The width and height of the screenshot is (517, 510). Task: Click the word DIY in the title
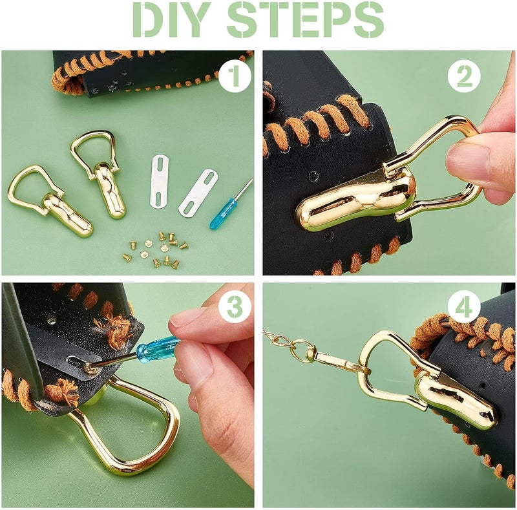tap(171, 19)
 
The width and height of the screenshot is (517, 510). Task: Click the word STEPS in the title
tap(306, 19)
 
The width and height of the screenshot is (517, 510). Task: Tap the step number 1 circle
tap(235, 76)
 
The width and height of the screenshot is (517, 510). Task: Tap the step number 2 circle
tap(464, 76)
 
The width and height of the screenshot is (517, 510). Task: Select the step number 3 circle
tap(235, 307)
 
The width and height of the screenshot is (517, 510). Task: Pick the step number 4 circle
tap(464, 307)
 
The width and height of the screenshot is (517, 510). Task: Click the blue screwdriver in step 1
tap(231, 204)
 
